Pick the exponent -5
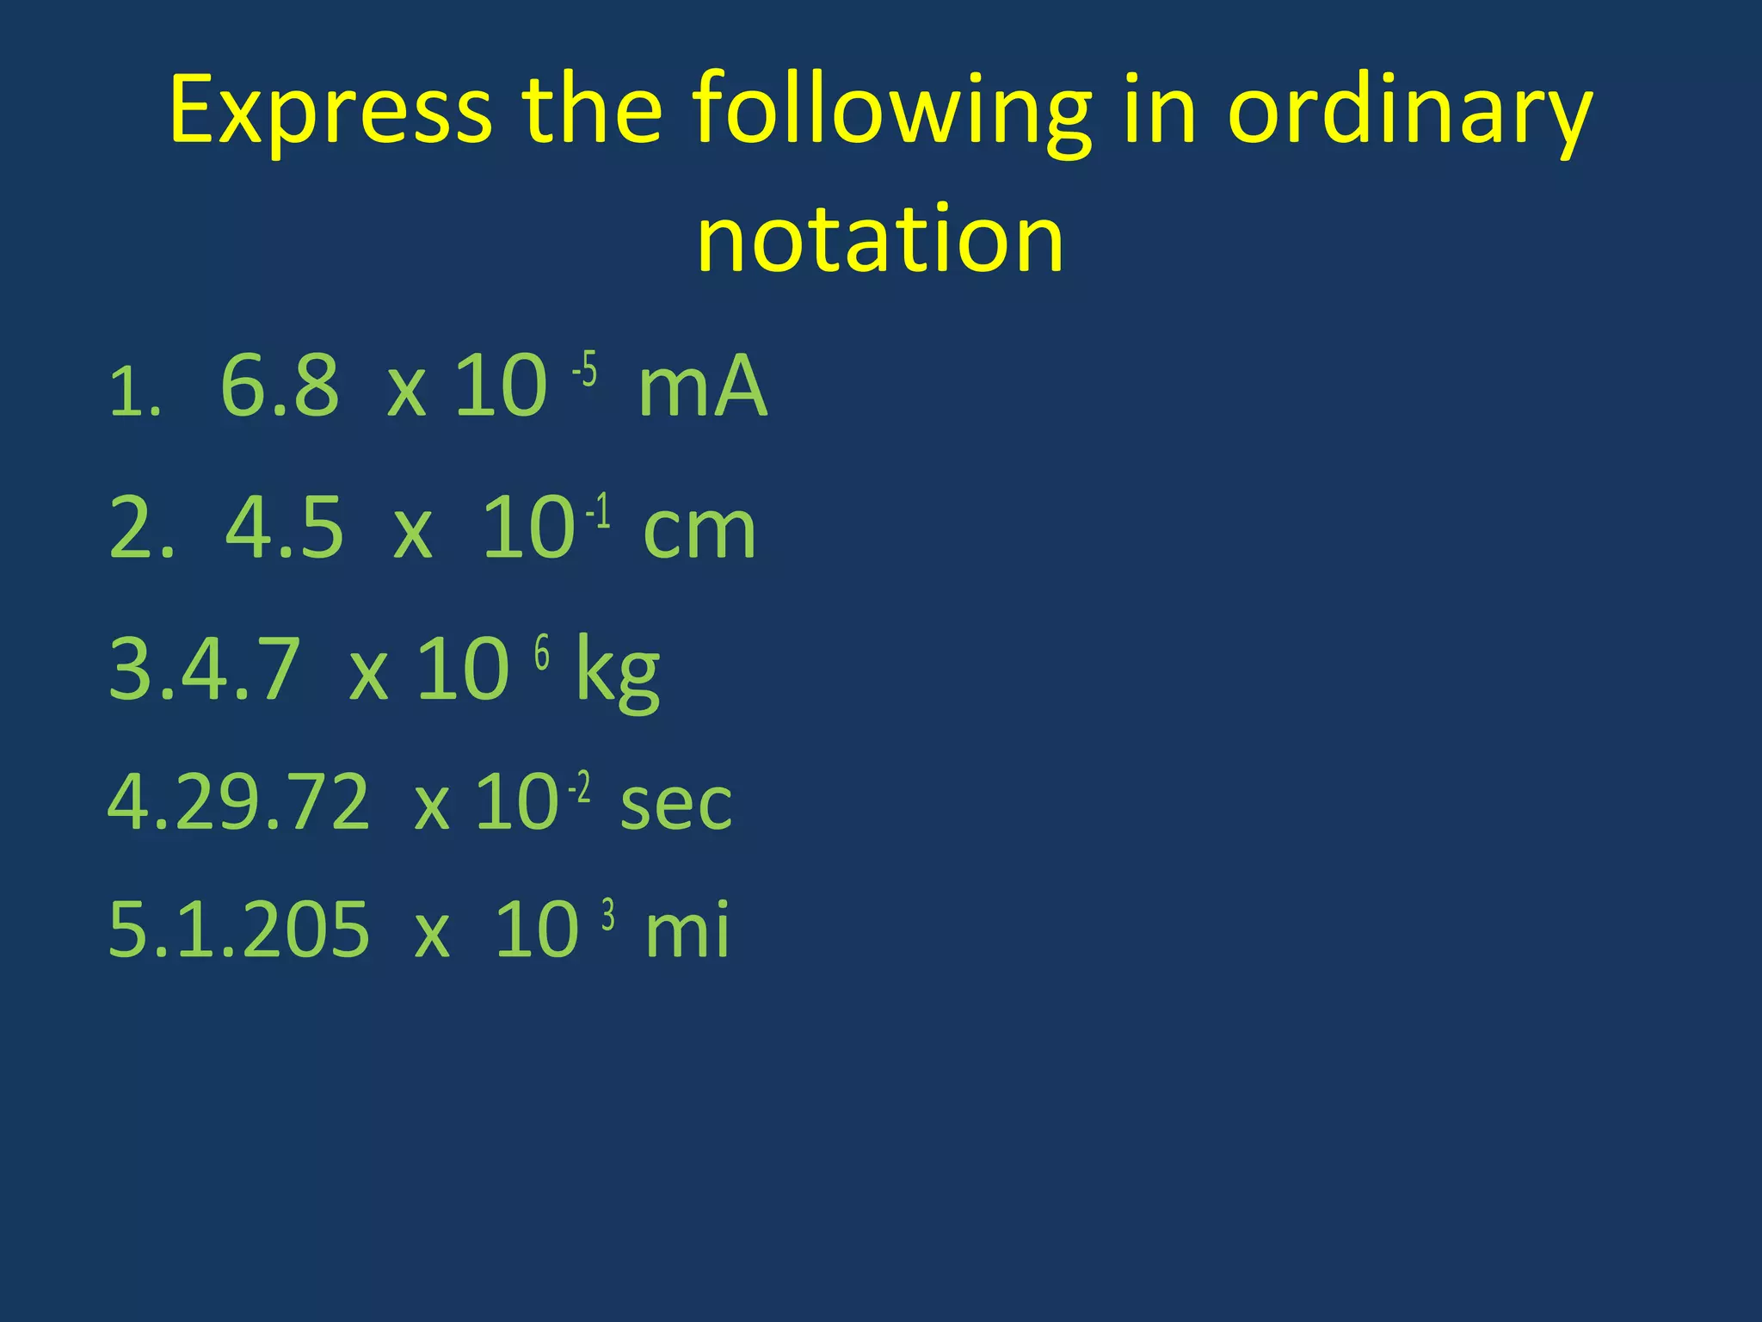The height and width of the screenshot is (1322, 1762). (x=585, y=371)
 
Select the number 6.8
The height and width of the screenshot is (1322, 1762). (x=280, y=386)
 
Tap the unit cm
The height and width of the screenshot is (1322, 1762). (x=699, y=529)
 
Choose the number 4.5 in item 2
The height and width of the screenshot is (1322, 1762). (x=285, y=528)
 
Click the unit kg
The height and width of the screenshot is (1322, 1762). (x=617, y=671)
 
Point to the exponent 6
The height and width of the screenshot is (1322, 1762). (x=542, y=654)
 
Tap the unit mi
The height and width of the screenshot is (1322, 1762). (x=687, y=930)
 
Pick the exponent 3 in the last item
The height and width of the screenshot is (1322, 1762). (x=608, y=916)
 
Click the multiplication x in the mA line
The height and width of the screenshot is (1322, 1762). (x=407, y=392)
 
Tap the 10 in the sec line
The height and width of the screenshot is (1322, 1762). (x=517, y=803)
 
